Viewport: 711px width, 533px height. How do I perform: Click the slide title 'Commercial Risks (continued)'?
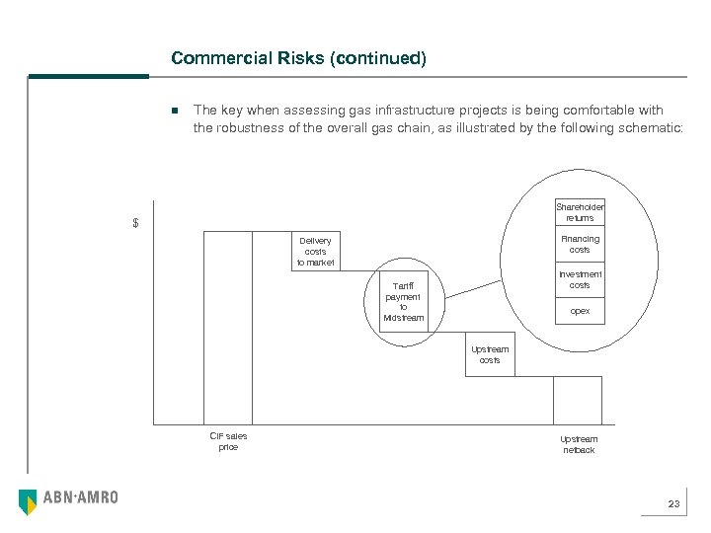(298, 58)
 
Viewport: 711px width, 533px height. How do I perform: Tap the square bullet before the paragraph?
(173, 111)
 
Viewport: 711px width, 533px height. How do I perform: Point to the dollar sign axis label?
(136, 223)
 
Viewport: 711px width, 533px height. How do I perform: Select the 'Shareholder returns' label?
(580, 212)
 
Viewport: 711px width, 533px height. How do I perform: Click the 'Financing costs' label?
(580, 244)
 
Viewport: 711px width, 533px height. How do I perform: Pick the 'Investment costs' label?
(580, 279)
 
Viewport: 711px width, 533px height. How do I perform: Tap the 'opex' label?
(580, 311)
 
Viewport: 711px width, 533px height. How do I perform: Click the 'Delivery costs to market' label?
(316, 252)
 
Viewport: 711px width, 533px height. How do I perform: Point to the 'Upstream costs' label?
(490, 354)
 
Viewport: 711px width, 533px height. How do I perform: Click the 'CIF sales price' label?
(228, 441)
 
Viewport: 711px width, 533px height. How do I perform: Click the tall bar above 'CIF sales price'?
(227, 327)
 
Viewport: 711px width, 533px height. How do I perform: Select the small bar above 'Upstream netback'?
(578, 400)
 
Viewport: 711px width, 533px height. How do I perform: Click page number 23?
(673, 504)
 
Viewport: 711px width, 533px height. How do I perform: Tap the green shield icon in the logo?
(28, 501)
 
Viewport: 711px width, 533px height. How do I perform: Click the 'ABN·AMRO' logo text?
(80, 498)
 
